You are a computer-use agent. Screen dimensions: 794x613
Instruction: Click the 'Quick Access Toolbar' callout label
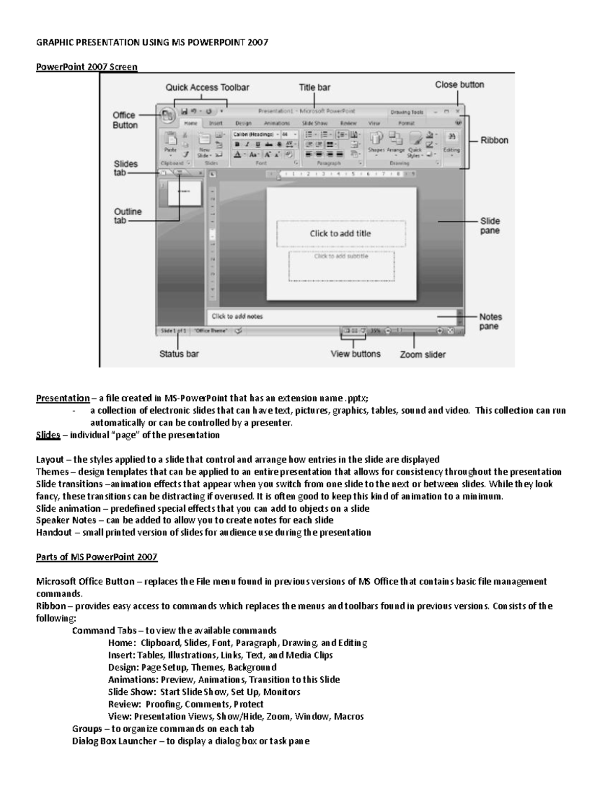point(207,87)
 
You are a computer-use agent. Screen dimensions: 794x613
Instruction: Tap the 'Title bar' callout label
point(314,87)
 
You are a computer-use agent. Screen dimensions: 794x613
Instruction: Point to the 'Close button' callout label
point(459,84)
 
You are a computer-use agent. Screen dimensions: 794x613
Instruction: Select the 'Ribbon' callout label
point(494,140)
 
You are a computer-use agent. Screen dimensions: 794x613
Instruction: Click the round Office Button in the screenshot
point(167,116)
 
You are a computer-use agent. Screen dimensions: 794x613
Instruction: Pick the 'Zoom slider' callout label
point(422,354)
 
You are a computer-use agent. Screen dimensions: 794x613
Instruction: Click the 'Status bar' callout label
point(179,353)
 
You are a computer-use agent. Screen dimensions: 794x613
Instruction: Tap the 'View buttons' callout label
point(356,353)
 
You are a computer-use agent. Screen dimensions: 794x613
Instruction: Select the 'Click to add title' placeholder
point(340,234)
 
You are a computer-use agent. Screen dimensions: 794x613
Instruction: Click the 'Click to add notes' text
point(237,316)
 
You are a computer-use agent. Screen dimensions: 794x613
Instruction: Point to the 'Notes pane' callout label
point(490,322)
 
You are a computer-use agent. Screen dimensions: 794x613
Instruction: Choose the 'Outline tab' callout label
point(128,216)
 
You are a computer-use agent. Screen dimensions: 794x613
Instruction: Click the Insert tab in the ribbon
point(216,123)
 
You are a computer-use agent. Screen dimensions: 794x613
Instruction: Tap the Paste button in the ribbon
point(170,144)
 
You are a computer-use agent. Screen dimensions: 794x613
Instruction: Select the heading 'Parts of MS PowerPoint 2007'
point(97,557)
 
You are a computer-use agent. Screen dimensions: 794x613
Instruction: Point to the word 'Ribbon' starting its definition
point(51,606)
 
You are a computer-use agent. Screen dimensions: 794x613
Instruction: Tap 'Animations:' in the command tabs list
point(133,679)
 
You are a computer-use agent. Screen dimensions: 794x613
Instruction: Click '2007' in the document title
point(257,42)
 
